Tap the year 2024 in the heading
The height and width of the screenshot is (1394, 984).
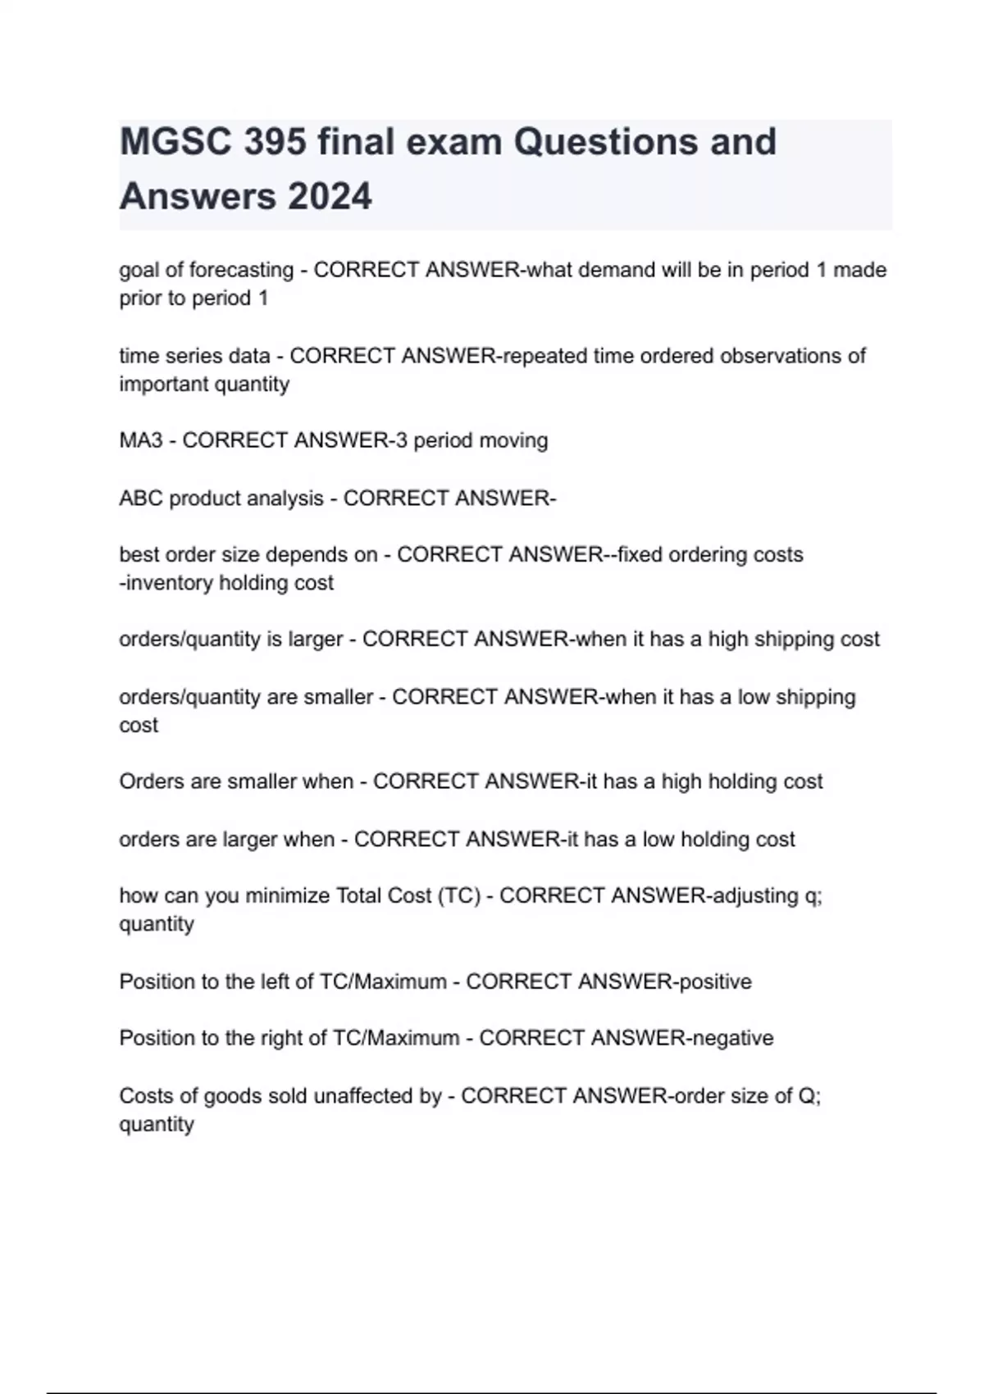pos(330,197)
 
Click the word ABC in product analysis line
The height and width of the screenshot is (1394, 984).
pos(141,499)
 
